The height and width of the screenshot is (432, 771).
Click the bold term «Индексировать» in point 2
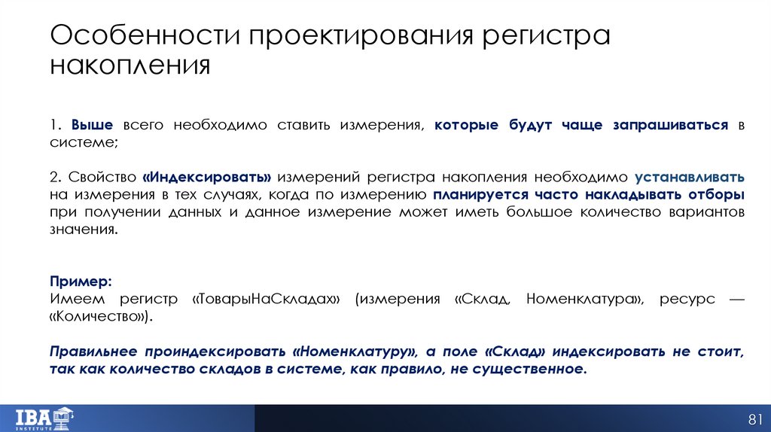coord(206,178)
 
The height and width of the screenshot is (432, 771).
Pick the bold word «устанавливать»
coord(690,178)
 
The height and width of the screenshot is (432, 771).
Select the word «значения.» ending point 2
coord(84,230)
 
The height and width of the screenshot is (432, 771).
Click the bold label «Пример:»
coord(81,281)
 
